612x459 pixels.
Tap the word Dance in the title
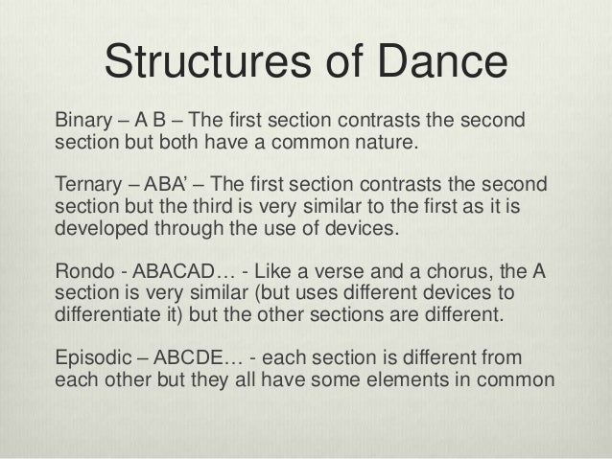click(x=442, y=63)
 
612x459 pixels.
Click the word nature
click(x=387, y=146)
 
